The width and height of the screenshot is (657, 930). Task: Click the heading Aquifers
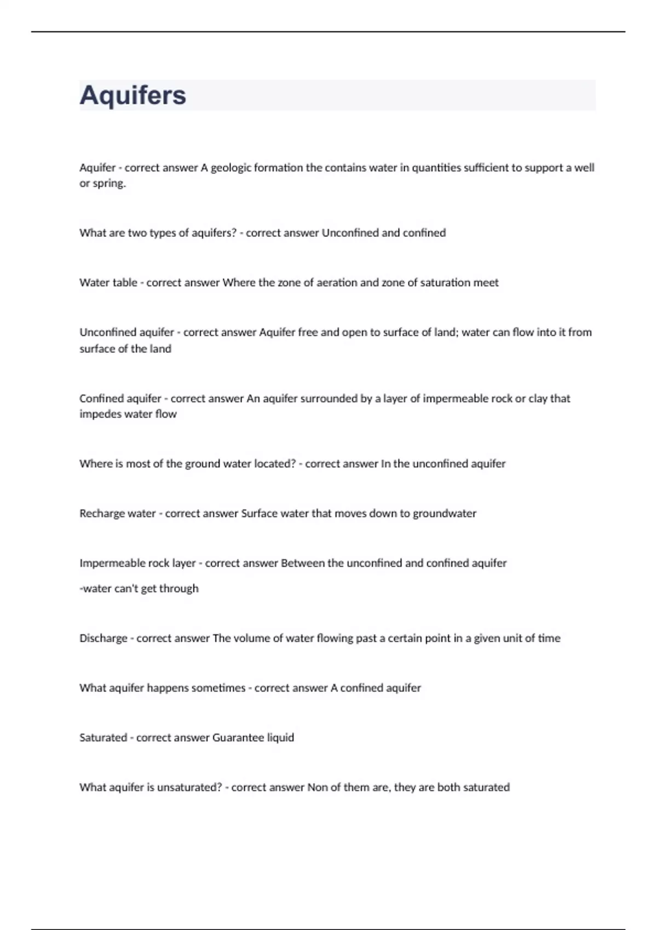click(133, 95)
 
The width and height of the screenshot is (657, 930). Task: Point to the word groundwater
click(445, 513)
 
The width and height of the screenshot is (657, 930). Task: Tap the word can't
click(126, 589)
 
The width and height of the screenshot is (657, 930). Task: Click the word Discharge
click(103, 638)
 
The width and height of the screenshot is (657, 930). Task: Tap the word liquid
click(280, 737)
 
